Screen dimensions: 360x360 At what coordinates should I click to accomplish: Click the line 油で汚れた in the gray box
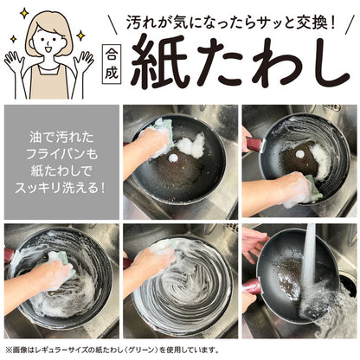tap(60, 138)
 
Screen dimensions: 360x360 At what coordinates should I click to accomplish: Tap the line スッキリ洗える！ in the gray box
tap(60, 185)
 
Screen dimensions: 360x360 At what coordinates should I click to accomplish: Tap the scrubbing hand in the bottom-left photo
tap(52, 275)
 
